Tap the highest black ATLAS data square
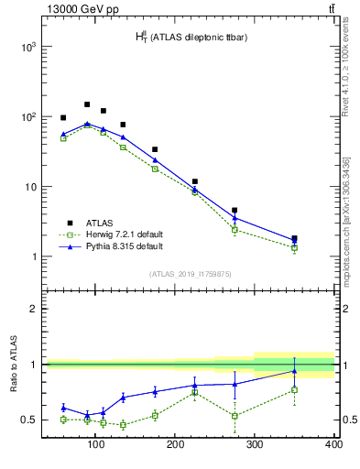coord(87,104)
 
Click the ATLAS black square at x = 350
coord(294,238)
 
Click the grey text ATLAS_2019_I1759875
coord(191,273)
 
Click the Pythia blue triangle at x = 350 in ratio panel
coord(294,371)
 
